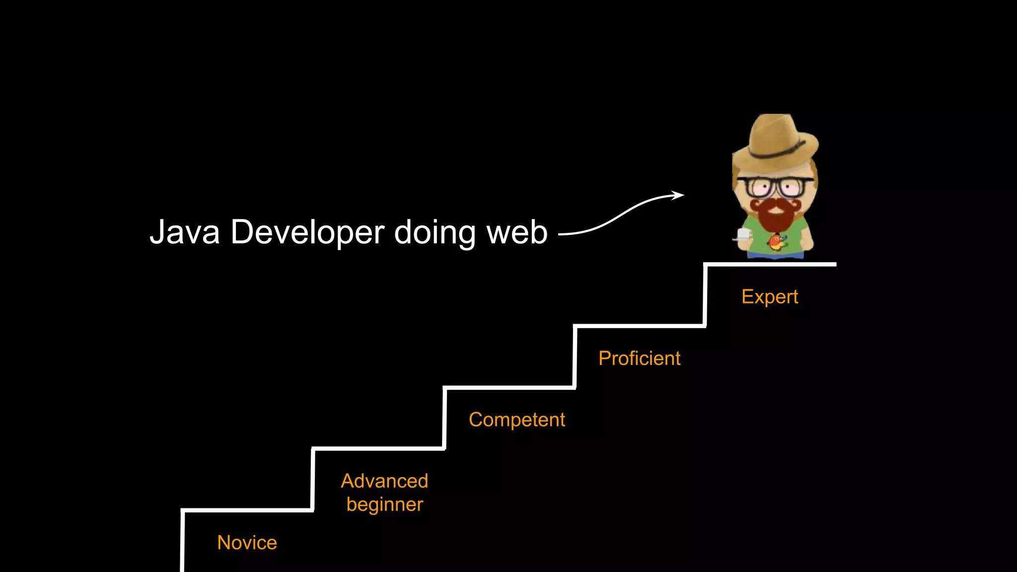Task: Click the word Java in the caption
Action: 184,232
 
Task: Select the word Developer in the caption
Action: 307,232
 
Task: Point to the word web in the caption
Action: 517,232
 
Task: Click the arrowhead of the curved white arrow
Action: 678,195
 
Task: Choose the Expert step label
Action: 769,296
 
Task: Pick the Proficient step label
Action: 639,358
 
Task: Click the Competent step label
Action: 516,420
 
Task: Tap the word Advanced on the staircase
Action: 384,481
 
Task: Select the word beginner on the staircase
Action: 384,504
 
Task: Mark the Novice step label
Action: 247,542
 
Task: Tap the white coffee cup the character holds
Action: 743,234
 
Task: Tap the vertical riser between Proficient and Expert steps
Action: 705,295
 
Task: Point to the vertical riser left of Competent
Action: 444,419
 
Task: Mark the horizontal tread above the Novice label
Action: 247,510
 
